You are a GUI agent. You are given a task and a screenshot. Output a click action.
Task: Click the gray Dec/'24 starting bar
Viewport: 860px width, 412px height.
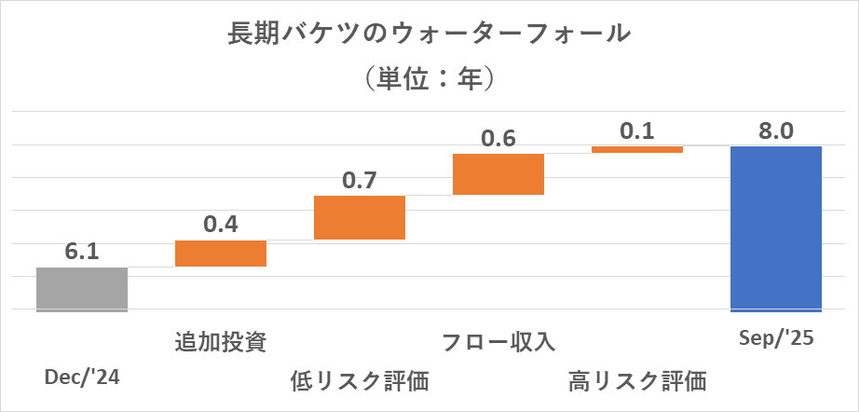[82, 289]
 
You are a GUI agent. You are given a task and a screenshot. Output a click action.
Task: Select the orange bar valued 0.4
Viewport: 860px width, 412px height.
[221, 253]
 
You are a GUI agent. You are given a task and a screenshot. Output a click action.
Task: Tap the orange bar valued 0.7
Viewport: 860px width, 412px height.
[360, 217]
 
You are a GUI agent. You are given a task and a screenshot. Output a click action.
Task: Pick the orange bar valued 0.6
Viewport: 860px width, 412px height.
[498, 174]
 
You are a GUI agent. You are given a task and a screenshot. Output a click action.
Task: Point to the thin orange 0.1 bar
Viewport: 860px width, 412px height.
[637, 149]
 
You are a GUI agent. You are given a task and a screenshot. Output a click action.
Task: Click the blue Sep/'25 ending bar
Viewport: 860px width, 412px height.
[776, 228]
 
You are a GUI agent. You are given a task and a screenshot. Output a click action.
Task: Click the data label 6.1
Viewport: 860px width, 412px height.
[82, 252]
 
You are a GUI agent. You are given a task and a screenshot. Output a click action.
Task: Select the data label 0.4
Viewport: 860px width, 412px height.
[221, 225]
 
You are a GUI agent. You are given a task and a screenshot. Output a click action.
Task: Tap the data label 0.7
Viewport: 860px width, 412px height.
[360, 180]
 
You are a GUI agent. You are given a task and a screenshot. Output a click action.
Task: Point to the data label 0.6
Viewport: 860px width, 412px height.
[498, 138]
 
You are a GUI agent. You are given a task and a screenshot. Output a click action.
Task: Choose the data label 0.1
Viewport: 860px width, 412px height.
[637, 130]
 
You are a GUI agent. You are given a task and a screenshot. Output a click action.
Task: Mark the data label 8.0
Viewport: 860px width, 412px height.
[776, 130]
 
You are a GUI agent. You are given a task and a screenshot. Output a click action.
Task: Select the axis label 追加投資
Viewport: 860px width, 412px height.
[221, 341]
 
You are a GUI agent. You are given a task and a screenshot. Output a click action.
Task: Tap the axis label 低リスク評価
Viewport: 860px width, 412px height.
[360, 380]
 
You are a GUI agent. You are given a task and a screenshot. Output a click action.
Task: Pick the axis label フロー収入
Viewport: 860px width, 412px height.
[498, 341]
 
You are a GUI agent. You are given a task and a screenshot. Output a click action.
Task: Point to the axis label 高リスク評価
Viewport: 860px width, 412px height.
[637, 380]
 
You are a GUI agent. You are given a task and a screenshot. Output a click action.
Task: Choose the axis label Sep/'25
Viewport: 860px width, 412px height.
[776, 338]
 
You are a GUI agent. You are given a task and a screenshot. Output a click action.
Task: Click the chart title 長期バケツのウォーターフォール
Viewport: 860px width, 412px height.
[430, 35]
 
